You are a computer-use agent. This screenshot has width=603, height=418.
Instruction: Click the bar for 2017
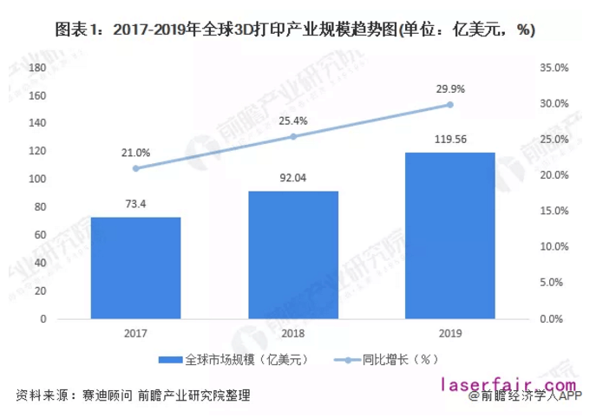point(135,268)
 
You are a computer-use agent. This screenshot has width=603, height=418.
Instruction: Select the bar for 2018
point(293,255)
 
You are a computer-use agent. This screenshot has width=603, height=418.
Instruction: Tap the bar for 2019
point(450,236)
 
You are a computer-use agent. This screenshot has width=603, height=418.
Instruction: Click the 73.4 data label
point(135,204)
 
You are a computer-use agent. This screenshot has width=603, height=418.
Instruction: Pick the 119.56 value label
point(450,140)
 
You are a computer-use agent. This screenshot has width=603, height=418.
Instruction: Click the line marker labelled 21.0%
point(135,168)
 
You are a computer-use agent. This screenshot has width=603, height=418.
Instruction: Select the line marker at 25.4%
point(293,136)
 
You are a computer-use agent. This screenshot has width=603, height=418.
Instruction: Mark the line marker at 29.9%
point(450,104)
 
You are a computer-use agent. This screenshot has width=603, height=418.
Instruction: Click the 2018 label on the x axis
point(293,333)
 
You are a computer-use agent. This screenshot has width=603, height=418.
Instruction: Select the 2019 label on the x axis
point(450,333)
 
